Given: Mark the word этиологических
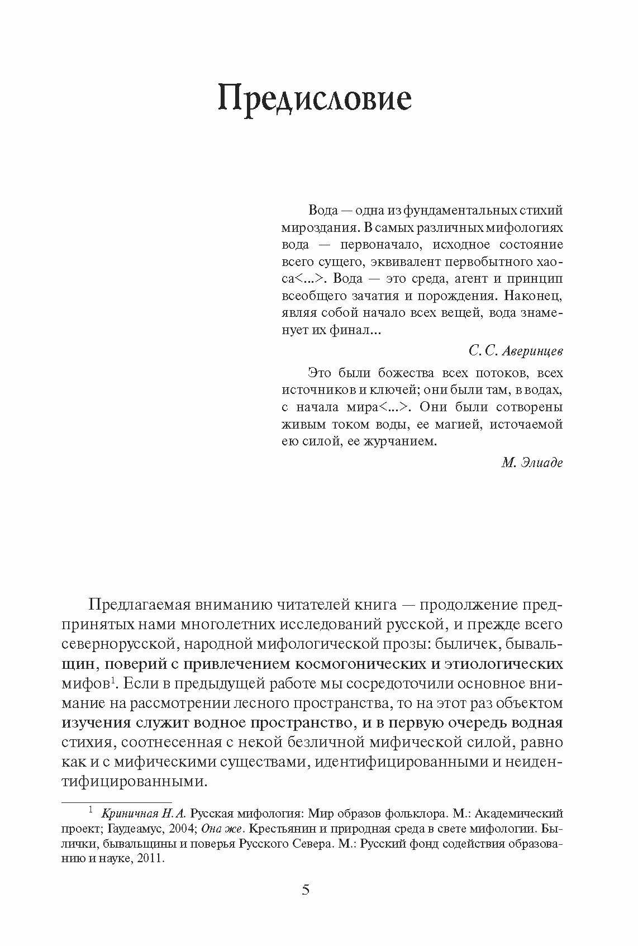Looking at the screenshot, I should click(x=503, y=664).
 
